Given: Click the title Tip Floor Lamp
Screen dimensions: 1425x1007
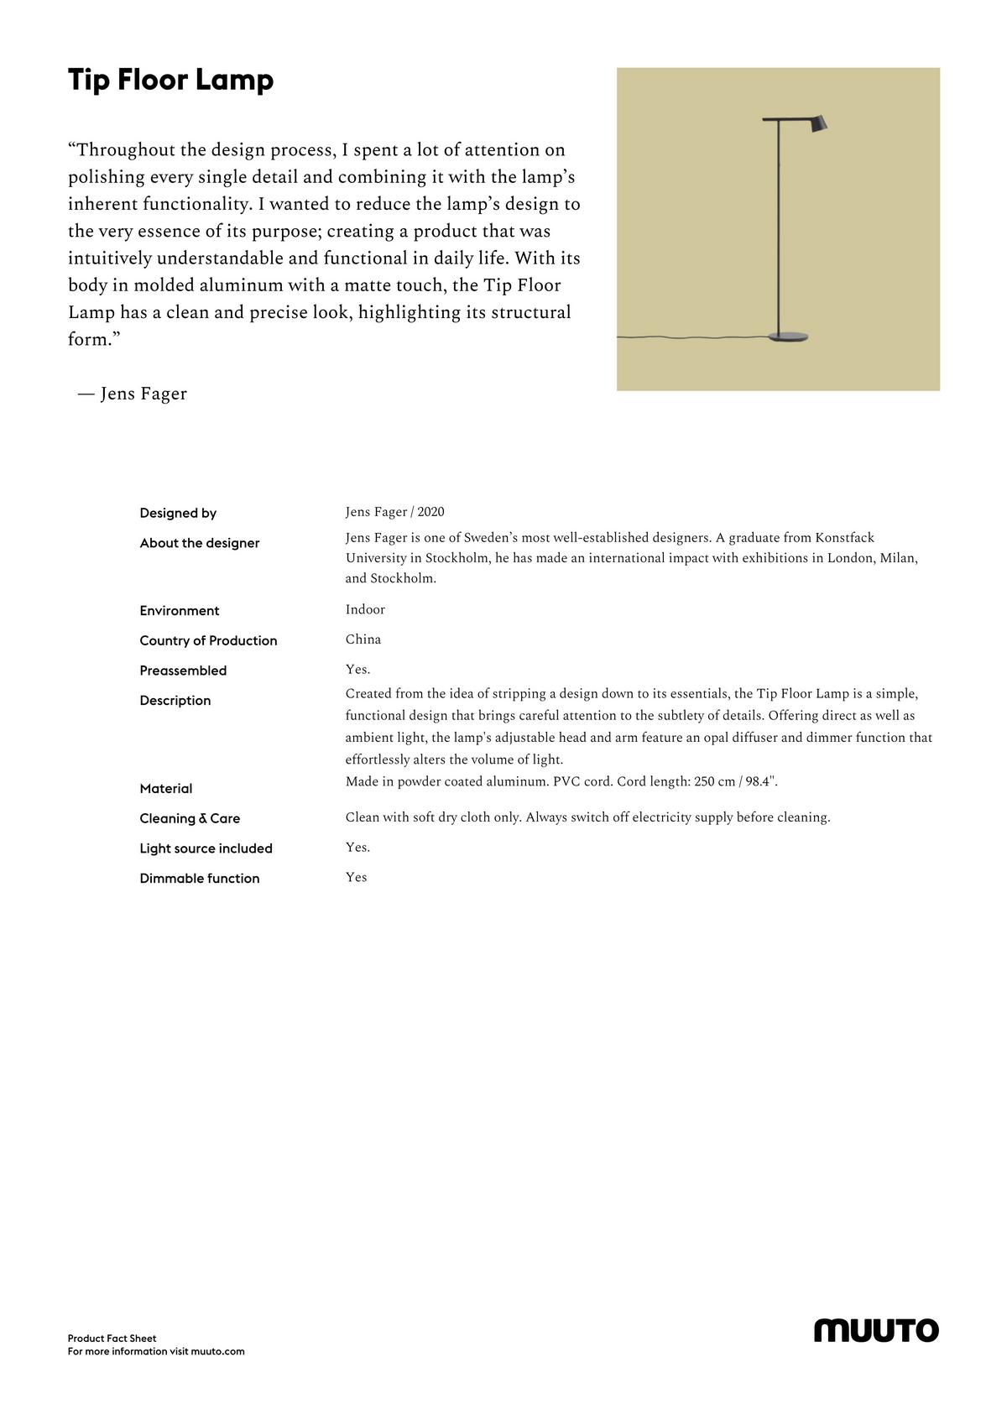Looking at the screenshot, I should pos(170,81).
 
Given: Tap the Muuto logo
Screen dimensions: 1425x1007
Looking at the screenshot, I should pos(876,1330).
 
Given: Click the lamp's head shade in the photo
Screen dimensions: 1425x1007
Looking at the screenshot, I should pos(817,123).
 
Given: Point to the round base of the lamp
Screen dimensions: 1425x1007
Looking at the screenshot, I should pos(789,337).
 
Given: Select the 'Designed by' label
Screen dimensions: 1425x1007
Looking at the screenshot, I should pos(178,513).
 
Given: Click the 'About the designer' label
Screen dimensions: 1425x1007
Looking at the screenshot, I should pos(200,543).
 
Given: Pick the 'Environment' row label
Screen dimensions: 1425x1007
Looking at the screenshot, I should pos(180,611).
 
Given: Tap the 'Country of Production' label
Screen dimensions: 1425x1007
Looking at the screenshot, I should pos(208,640).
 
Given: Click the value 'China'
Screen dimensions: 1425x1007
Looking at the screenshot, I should pos(363,639).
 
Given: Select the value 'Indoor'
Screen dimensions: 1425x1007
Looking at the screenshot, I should pos(365,609).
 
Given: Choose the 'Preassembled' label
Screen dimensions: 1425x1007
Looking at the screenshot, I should pos(183,671).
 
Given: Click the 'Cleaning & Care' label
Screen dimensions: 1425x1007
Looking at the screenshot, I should pos(190,818).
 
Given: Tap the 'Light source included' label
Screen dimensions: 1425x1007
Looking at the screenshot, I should pos(206,848).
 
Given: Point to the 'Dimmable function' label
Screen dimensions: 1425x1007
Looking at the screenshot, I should pos(200,879).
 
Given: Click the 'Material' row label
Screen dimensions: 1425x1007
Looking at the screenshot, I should pos(166,789).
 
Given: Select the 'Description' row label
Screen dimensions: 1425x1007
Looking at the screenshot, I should pos(175,701).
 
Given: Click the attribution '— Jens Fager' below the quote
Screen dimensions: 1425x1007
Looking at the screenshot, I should pos(133,394).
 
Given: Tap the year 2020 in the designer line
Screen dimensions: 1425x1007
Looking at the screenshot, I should pos(430,512).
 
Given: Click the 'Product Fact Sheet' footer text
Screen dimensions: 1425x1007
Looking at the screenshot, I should pos(112,1339).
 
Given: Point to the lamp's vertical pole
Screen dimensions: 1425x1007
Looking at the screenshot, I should pos(779,227).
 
